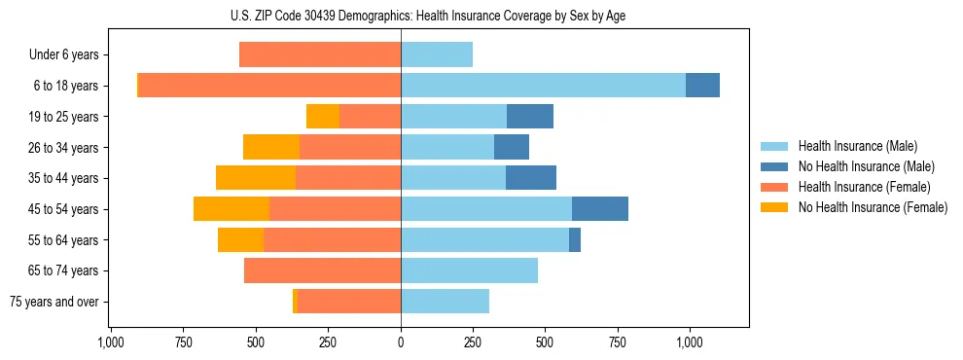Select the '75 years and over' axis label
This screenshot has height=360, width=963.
[54, 302]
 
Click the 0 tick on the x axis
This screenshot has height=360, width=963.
[401, 342]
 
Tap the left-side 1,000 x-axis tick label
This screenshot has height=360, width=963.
[111, 342]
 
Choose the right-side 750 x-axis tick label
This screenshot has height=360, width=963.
[618, 342]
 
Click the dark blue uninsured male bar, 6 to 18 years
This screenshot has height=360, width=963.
[702, 86]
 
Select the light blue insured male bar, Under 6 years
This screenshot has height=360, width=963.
[437, 55]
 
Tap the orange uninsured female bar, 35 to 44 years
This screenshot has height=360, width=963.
[256, 178]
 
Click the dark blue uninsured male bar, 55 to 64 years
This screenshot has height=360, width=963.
[575, 239]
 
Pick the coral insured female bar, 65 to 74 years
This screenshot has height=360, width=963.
[322, 270]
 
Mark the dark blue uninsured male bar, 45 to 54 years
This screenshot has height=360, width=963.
[600, 209]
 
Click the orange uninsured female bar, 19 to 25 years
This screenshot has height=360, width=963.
[323, 117]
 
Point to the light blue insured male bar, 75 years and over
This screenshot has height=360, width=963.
[445, 302]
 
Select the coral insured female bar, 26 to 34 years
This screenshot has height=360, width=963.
[350, 148]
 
